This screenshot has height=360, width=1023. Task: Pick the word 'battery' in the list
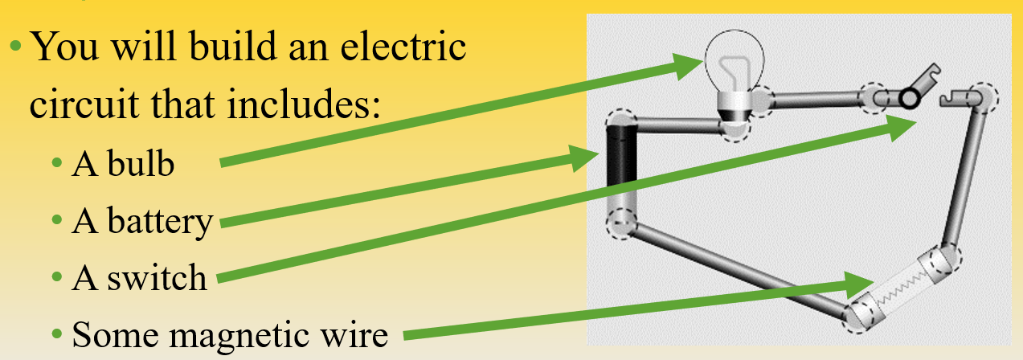pyautogui.click(x=166, y=220)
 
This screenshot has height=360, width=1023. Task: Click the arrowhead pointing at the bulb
pyautogui.click(x=690, y=64)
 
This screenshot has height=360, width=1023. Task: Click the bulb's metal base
pyautogui.click(x=733, y=104)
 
